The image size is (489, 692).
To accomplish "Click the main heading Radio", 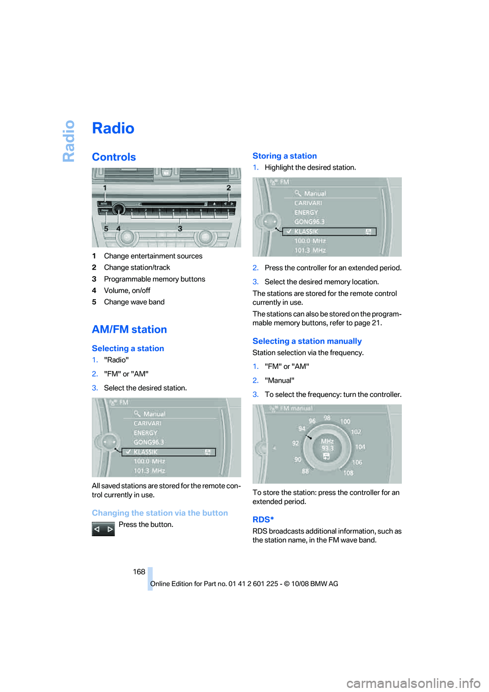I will (x=113, y=128).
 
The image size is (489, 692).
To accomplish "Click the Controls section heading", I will (x=114, y=157).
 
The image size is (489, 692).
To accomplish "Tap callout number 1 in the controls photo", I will (x=105, y=188).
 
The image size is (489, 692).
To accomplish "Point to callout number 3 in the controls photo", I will (x=180, y=229).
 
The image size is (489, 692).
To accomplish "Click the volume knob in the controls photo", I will (x=119, y=209).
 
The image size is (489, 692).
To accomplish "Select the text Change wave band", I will (x=134, y=302).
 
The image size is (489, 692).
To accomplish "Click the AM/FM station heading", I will (x=129, y=330).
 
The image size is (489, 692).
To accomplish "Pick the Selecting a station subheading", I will (x=128, y=349).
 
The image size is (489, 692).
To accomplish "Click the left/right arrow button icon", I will (x=103, y=529).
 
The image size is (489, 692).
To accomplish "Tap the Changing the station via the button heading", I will (x=159, y=513).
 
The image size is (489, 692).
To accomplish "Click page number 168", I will (x=139, y=572).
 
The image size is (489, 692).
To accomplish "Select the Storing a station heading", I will (x=284, y=156).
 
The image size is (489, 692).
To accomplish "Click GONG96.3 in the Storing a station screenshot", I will (x=309, y=222).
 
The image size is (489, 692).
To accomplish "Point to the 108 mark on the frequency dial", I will (x=348, y=473).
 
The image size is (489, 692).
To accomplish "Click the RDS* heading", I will (x=263, y=520).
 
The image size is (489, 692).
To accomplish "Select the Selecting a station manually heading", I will (x=307, y=341).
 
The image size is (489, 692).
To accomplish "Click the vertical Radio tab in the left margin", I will (x=69, y=141).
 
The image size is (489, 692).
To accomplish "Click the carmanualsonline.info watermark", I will (x=413, y=683).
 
